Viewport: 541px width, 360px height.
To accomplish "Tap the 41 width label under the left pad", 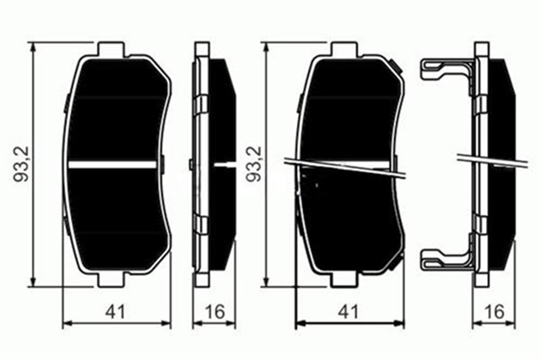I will point(116,312).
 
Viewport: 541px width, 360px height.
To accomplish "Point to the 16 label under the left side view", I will point(214,312).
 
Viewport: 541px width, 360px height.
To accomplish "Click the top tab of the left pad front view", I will point(110,48).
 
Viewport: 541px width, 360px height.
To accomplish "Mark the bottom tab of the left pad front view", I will point(110,280).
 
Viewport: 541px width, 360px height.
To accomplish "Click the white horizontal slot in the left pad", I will point(113,164).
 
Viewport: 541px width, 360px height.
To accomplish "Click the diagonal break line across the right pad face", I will point(345,167).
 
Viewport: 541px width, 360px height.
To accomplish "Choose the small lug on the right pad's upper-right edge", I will point(397,67).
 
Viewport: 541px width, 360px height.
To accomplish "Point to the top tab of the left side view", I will point(202,48).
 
